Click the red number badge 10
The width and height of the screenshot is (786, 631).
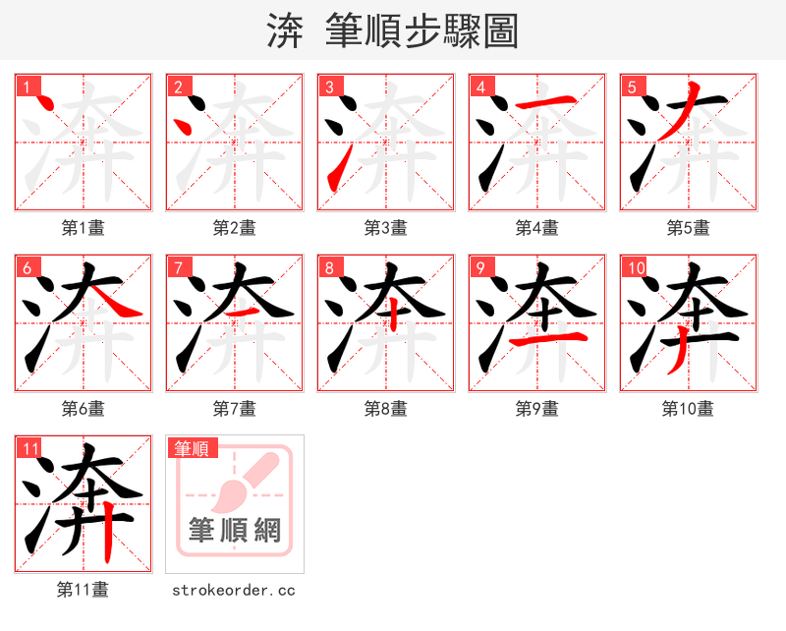tap(636, 267)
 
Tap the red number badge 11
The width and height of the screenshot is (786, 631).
tap(30, 449)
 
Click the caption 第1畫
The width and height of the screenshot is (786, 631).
tap(84, 228)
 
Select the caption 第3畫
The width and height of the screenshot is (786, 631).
tap(386, 228)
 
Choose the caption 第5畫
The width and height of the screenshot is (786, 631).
tap(688, 228)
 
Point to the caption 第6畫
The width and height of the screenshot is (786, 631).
tap(84, 409)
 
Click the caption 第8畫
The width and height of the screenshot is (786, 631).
tap(386, 409)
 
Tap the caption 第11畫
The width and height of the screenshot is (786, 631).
tap(84, 590)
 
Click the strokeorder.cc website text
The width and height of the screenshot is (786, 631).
tap(234, 591)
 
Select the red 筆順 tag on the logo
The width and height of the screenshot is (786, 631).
tap(191, 448)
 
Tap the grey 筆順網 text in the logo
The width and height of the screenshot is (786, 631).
tap(235, 531)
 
